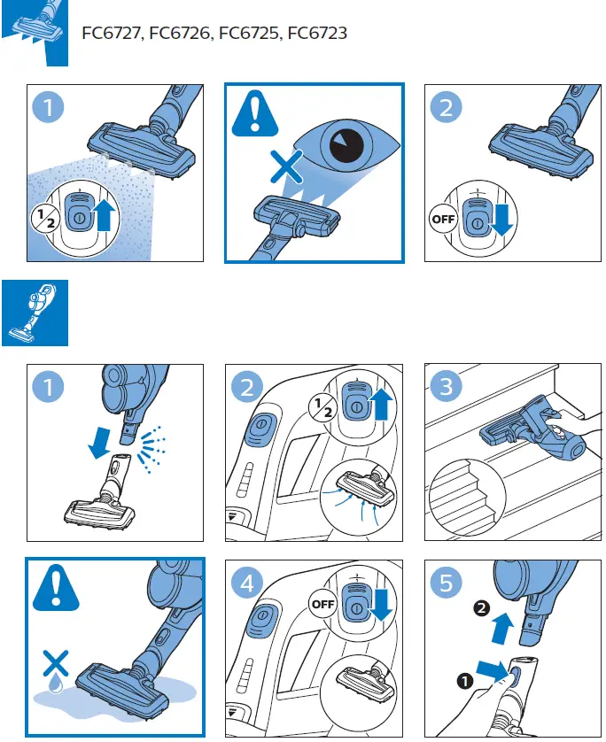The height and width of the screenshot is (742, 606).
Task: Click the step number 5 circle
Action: tap(447, 584)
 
